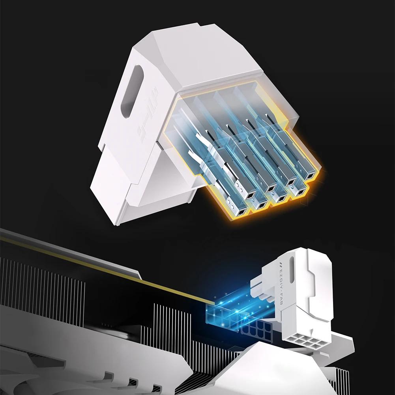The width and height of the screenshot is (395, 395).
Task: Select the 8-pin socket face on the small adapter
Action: (305, 340)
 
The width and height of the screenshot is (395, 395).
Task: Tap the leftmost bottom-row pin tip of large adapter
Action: (240, 213)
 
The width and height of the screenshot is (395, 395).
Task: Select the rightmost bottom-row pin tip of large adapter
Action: (301, 192)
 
